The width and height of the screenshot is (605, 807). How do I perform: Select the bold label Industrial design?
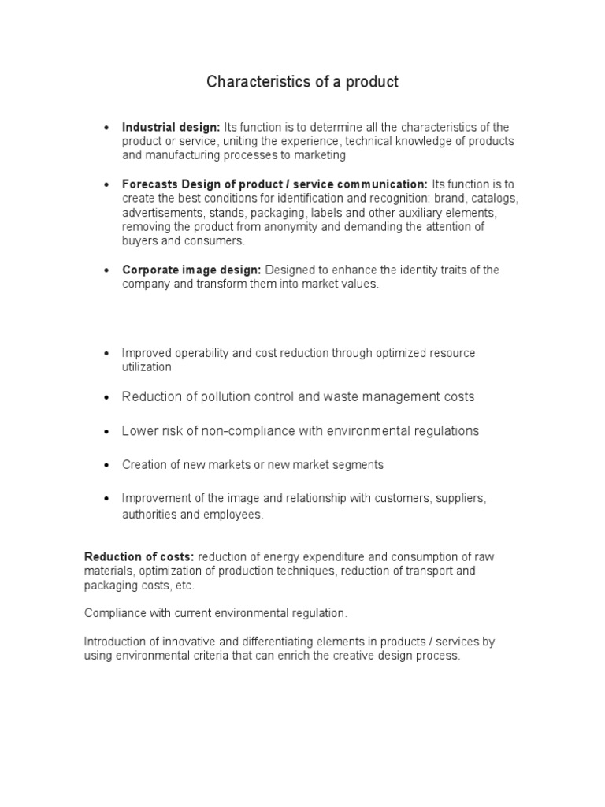pyautogui.click(x=171, y=127)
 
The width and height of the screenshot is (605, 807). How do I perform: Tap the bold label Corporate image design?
pyautogui.click(x=180, y=270)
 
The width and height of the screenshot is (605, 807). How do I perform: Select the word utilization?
pyautogui.click(x=147, y=367)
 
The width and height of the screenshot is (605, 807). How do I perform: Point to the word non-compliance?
pyautogui.click(x=262, y=431)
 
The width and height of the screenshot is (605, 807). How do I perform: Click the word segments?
pyautogui.click(x=359, y=465)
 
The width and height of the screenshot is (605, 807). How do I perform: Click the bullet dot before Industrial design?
pyautogui.click(x=106, y=128)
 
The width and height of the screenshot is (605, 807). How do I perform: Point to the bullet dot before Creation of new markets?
pyautogui.click(x=106, y=466)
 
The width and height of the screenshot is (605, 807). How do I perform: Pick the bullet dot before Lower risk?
pyautogui.click(x=106, y=432)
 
